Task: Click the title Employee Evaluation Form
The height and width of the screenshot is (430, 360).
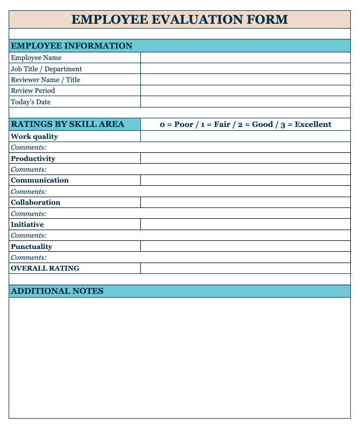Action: (180, 19)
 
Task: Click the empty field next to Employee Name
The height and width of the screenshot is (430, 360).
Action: (246, 58)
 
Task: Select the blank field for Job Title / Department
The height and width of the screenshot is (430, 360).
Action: (246, 69)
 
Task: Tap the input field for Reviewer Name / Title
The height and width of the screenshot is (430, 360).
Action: (246, 80)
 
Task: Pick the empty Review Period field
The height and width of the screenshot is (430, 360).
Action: (246, 91)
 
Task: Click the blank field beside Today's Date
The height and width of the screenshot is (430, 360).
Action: (246, 102)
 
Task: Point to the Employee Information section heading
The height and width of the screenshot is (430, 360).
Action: (72, 46)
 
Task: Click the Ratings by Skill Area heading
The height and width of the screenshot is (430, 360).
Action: (67, 124)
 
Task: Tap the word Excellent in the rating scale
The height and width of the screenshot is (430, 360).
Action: (313, 124)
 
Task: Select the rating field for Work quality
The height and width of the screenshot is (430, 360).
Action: (246, 137)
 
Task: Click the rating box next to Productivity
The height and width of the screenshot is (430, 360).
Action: (246, 158)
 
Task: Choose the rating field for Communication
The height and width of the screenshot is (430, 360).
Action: (246, 180)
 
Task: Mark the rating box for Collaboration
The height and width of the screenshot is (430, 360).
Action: (246, 203)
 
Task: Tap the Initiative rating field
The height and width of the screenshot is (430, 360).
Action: (246, 224)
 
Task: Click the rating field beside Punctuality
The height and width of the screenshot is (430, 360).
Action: (246, 246)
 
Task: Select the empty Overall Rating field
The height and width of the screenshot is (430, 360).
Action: (246, 268)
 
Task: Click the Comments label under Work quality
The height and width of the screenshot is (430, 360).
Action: (29, 147)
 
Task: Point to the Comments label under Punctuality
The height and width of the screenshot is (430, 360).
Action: (29, 258)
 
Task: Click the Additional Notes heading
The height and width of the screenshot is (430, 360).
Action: (57, 291)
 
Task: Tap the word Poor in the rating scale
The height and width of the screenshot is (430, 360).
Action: (184, 124)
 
